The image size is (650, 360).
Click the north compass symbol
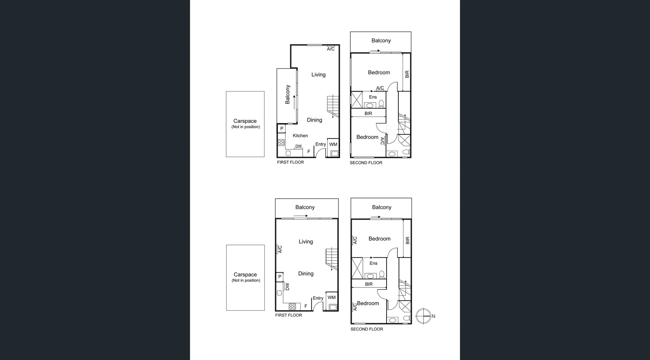coord(424,316)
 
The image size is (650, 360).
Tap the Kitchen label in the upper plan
coord(300,135)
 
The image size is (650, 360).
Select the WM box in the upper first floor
coord(333,148)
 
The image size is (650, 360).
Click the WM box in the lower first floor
coord(332,301)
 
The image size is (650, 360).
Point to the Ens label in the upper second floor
coord(373,97)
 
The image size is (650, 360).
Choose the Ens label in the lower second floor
coord(373,263)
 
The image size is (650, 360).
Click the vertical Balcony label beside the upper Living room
coord(287,94)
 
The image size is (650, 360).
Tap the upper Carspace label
coord(245,121)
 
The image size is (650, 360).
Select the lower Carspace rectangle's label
coord(245,275)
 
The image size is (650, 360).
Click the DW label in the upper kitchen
coord(298,146)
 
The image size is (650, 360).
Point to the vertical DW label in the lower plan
coord(287,287)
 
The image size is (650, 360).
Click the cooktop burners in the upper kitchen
coord(281,142)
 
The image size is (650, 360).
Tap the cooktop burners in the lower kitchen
coord(292,306)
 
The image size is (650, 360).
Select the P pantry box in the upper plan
coord(281,129)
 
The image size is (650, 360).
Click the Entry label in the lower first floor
coord(318,298)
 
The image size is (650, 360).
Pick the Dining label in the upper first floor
coord(314,120)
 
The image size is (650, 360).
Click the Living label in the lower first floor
coord(306,241)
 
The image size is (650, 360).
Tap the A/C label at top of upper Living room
coord(330,49)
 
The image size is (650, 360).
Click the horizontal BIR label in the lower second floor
coord(369,284)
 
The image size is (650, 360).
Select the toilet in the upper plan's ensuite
coord(381,103)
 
